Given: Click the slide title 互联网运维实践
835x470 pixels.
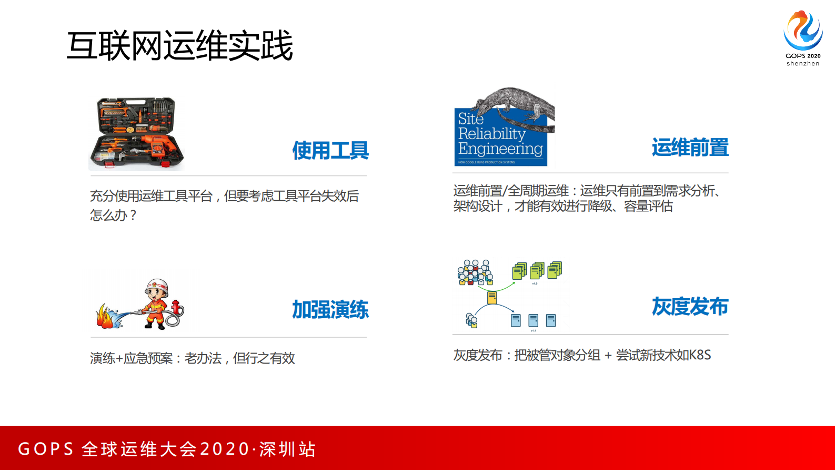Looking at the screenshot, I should pos(179,46).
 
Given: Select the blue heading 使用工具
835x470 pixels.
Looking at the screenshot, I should pos(330,151).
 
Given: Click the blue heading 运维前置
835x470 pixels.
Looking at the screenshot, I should pos(690,148).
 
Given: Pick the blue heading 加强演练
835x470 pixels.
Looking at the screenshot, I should pos(330,310).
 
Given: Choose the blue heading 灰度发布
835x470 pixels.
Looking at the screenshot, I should pos(690,307).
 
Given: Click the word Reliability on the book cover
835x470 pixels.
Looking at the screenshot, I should pos(491,134).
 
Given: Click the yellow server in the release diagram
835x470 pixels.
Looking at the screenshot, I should pos(492,298).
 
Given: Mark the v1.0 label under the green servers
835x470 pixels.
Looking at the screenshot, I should pos(535,283).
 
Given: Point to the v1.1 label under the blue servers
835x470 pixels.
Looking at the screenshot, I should pos(533,331).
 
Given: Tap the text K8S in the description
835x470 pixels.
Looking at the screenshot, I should pos(700,355).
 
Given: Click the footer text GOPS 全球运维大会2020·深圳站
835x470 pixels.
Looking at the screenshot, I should pos(167,449).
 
